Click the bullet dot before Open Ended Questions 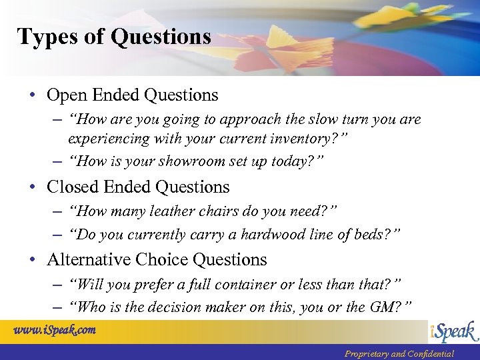click(x=33, y=95)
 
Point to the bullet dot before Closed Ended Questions click(x=33, y=187)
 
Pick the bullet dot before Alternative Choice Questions click(x=33, y=260)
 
